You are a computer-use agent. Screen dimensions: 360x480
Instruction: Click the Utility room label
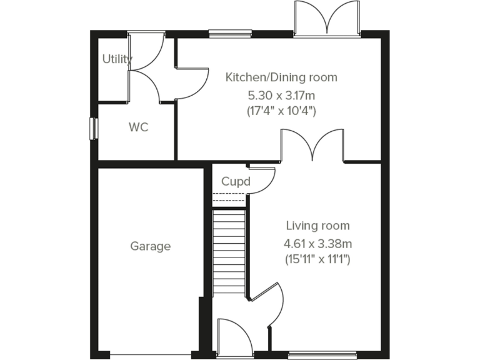click(x=117, y=59)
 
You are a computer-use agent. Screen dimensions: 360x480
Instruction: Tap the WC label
click(x=138, y=127)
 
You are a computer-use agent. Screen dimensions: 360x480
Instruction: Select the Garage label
click(x=150, y=246)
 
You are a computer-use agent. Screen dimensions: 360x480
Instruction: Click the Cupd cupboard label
click(x=236, y=182)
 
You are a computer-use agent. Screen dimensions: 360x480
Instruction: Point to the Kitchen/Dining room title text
click(x=281, y=77)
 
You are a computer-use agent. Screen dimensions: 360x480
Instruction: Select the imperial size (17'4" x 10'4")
click(x=281, y=112)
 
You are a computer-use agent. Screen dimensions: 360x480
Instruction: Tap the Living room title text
click(x=317, y=226)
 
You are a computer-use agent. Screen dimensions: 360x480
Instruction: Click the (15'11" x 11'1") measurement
click(x=317, y=258)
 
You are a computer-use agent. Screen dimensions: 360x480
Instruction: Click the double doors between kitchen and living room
click(x=312, y=147)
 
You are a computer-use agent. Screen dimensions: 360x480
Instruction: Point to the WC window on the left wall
click(x=94, y=127)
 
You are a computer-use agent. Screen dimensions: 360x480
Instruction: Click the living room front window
click(x=322, y=354)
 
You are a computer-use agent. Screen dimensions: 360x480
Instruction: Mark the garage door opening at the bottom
click(x=149, y=354)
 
